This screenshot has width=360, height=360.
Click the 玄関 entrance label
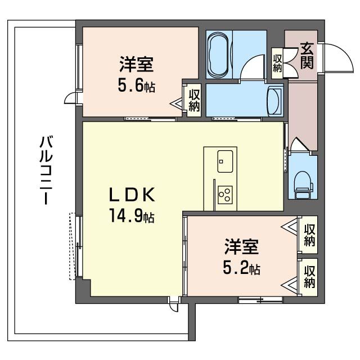tap(307, 55)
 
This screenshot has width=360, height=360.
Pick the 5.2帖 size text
tap(242, 268)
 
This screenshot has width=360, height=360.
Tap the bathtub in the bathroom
tap(218, 55)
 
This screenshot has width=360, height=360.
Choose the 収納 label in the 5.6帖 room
tap(194, 101)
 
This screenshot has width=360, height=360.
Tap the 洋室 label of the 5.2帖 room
tap(242, 246)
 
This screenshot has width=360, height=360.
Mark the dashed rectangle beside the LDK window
tap(72, 246)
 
